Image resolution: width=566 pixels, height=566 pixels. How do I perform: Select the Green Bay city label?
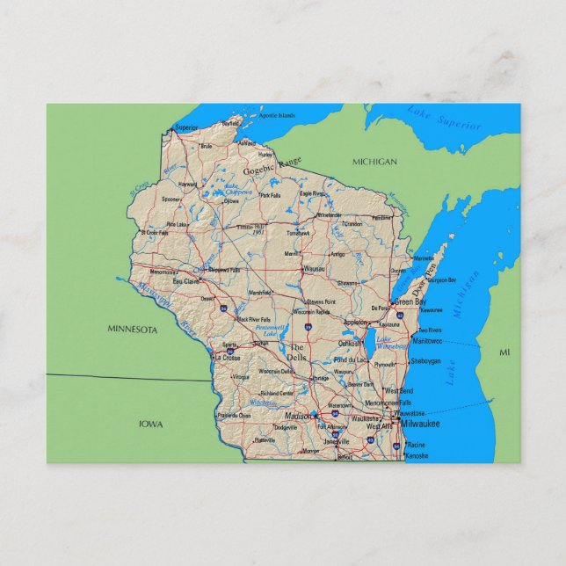coord(410,301)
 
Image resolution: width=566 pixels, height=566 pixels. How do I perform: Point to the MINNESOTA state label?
coord(132,330)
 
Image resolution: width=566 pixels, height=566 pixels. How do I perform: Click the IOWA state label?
coord(150,424)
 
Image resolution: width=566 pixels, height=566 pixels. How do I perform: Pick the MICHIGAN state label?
coord(374,162)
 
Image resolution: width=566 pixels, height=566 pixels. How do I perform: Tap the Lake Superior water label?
coord(444,118)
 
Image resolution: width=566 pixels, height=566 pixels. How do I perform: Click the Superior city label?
coord(186,127)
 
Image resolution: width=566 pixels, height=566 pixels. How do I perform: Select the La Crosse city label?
coord(226,358)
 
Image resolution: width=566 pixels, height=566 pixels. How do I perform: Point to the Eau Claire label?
coord(185,281)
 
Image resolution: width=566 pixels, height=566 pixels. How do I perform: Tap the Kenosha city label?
coord(417,456)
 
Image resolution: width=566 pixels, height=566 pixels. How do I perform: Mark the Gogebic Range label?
coord(272,166)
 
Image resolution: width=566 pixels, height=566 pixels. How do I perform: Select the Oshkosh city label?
coord(350,344)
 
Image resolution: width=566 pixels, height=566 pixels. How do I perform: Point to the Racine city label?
coord(417,445)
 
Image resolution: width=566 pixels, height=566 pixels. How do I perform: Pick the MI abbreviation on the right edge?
coord(504,352)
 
